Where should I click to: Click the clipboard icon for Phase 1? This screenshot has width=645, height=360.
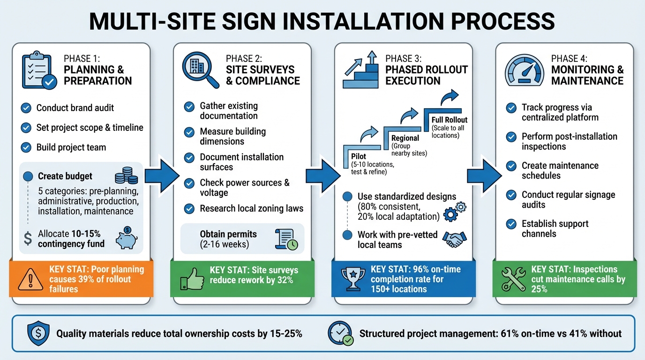pos(39,72)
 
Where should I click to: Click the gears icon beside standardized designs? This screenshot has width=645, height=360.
pos(454,211)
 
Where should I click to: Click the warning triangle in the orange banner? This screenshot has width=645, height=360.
pos(29,280)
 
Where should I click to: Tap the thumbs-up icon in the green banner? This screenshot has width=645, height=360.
pos(190,280)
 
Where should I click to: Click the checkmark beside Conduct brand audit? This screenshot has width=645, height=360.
pos(26,108)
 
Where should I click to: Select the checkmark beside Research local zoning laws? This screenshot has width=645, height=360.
pos(189,209)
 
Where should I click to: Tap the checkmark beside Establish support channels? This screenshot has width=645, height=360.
pos(511,224)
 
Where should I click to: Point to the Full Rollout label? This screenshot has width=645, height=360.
pos(450,120)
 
